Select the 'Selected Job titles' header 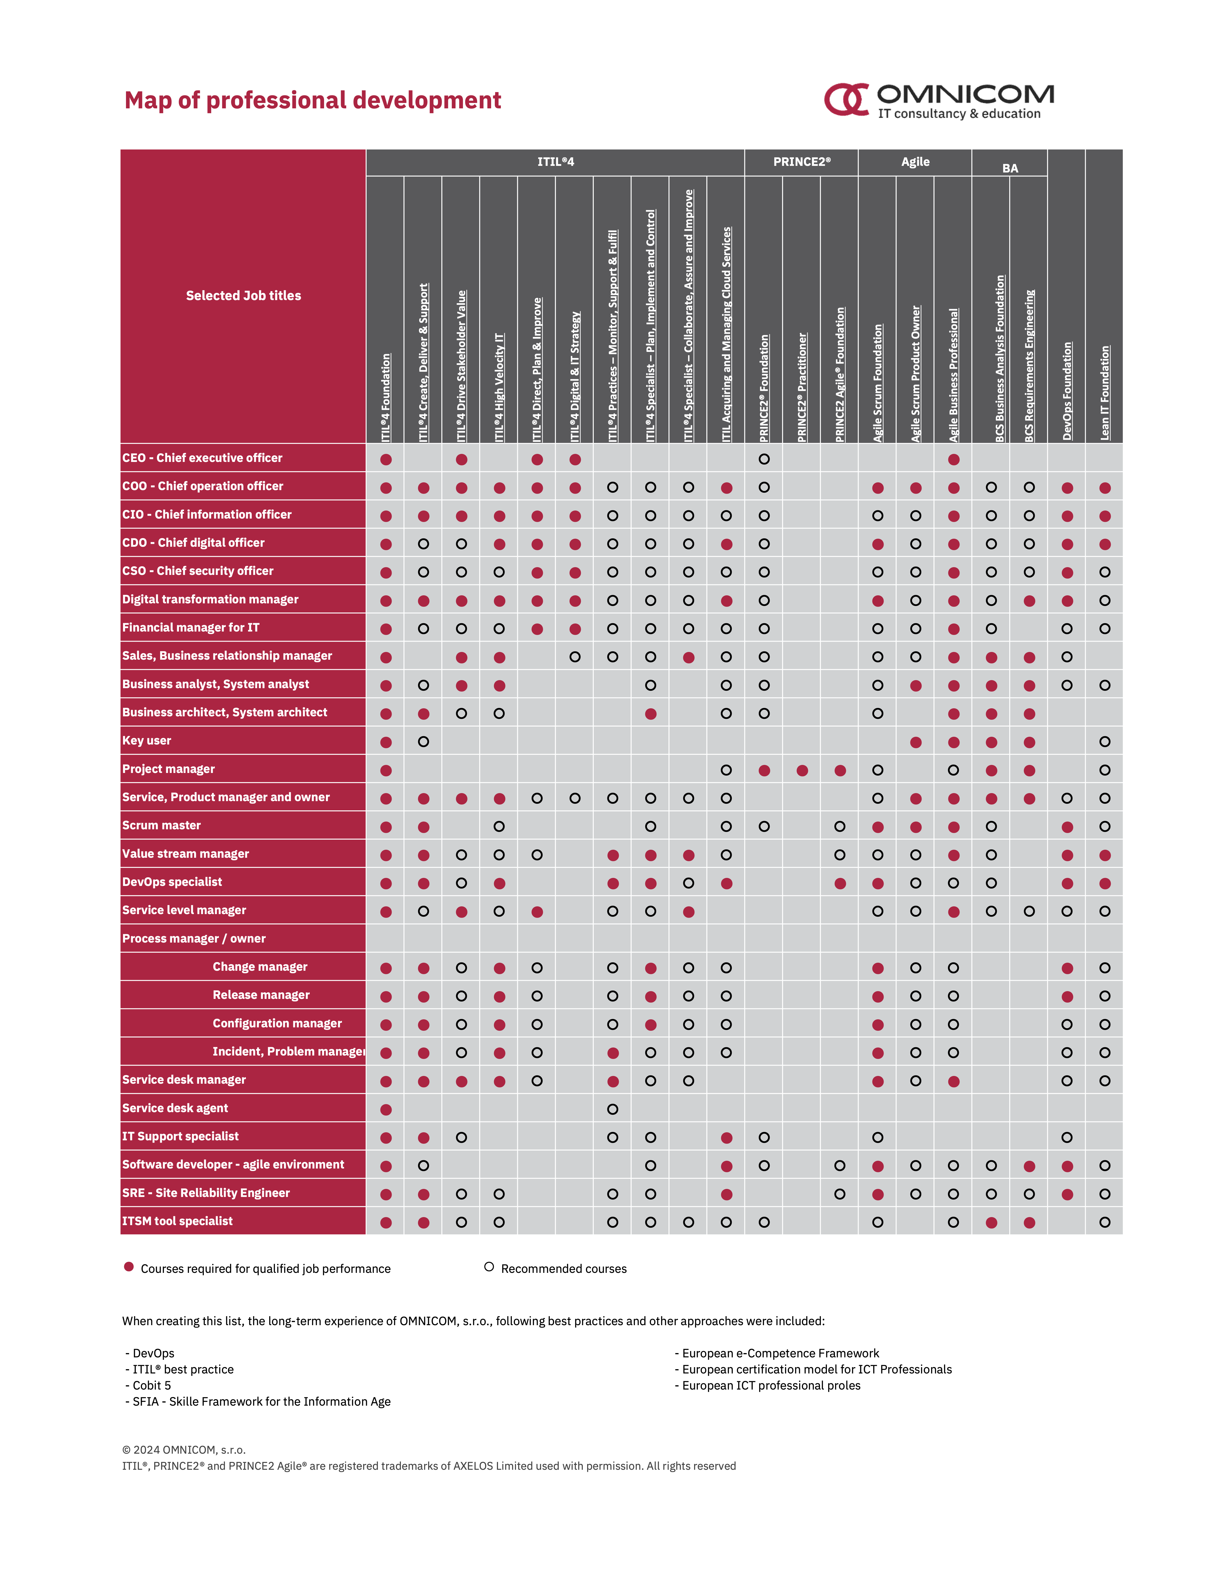(x=243, y=295)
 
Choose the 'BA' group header (x=1010, y=168)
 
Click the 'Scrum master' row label (x=161, y=825)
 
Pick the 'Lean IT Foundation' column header (x=1105, y=392)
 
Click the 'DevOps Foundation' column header (x=1067, y=391)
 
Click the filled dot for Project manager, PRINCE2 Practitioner (x=802, y=770)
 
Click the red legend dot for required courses (x=129, y=1267)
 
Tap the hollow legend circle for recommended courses (x=489, y=1267)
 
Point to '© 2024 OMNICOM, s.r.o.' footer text (x=184, y=1449)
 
